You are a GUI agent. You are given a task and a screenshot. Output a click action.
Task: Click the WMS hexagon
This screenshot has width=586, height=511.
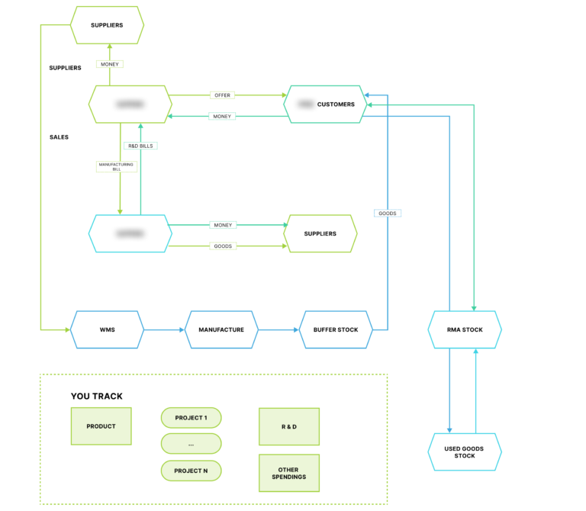pyautogui.click(x=107, y=329)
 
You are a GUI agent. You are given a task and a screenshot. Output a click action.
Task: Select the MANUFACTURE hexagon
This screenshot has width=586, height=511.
pyautogui.click(x=221, y=329)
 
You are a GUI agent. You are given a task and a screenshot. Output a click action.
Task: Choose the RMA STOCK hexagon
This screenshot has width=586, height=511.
pyautogui.click(x=465, y=329)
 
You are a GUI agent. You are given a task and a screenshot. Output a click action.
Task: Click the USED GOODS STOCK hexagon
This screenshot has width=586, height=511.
pyautogui.click(x=465, y=452)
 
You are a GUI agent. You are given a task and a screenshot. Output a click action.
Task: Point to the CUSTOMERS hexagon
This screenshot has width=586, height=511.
pyautogui.click(x=325, y=104)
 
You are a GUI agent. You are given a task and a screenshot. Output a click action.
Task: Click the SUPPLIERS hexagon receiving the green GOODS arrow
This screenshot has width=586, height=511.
pyautogui.click(x=320, y=233)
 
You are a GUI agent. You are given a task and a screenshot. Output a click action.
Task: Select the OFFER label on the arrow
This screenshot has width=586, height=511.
pyautogui.click(x=222, y=95)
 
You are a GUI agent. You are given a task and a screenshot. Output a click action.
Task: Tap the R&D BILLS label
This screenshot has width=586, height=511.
pyautogui.click(x=141, y=145)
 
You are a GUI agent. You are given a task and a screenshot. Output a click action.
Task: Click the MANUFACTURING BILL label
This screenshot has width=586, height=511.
pyautogui.click(x=117, y=166)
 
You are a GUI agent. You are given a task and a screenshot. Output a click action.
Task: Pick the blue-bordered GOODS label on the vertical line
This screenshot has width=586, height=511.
pyautogui.click(x=388, y=213)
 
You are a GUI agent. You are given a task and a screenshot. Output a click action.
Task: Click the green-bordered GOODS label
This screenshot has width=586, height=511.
pyautogui.click(x=223, y=246)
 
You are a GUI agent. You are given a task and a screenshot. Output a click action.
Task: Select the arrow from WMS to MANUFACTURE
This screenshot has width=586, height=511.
pyautogui.click(x=164, y=329)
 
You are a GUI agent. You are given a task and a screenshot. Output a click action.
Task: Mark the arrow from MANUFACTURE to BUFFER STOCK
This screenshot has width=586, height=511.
pyautogui.click(x=279, y=329)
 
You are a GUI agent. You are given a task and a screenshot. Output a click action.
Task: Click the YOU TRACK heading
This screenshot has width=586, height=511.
pyautogui.click(x=96, y=396)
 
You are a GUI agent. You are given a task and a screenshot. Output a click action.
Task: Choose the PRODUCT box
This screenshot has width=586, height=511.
pyautogui.click(x=101, y=426)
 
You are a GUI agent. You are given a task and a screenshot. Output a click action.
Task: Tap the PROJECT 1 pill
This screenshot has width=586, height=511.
pyautogui.click(x=191, y=418)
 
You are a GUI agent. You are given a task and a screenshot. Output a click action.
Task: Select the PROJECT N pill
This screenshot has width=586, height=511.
pyautogui.click(x=191, y=471)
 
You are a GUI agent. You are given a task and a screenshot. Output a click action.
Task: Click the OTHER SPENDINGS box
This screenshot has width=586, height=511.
pyautogui.click(x=289, y=473)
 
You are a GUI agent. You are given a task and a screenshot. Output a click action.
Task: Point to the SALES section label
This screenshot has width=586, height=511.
pyautogui.click(x=59, y=137)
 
